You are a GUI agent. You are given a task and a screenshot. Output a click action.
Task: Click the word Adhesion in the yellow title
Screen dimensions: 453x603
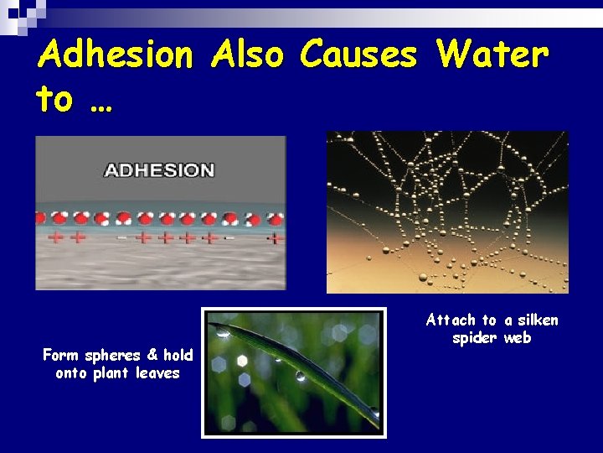(116, 55)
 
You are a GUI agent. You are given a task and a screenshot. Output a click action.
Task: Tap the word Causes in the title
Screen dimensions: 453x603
(358, 55)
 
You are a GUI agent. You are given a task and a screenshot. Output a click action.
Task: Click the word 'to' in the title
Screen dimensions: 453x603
(54, 99)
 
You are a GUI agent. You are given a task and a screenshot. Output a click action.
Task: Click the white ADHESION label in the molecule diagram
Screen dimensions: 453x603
(159, 170)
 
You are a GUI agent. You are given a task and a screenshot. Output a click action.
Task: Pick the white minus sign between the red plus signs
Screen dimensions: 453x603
(122, 238)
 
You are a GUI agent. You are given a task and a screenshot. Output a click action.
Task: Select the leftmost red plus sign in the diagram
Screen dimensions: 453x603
(57, 238)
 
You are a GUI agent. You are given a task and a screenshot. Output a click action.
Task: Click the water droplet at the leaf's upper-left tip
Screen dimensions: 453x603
(224, 332)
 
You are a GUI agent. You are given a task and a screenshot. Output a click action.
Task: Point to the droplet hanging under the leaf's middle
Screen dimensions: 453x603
(300, 377)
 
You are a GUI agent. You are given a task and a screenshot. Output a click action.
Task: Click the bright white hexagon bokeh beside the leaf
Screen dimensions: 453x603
(243, 361)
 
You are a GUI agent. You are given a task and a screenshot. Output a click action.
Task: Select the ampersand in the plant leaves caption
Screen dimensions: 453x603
(153, 355)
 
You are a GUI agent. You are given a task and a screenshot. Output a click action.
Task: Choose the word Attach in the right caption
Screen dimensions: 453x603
(451, 320)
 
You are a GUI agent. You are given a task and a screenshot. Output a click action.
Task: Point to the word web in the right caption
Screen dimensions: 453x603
(518, 338)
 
